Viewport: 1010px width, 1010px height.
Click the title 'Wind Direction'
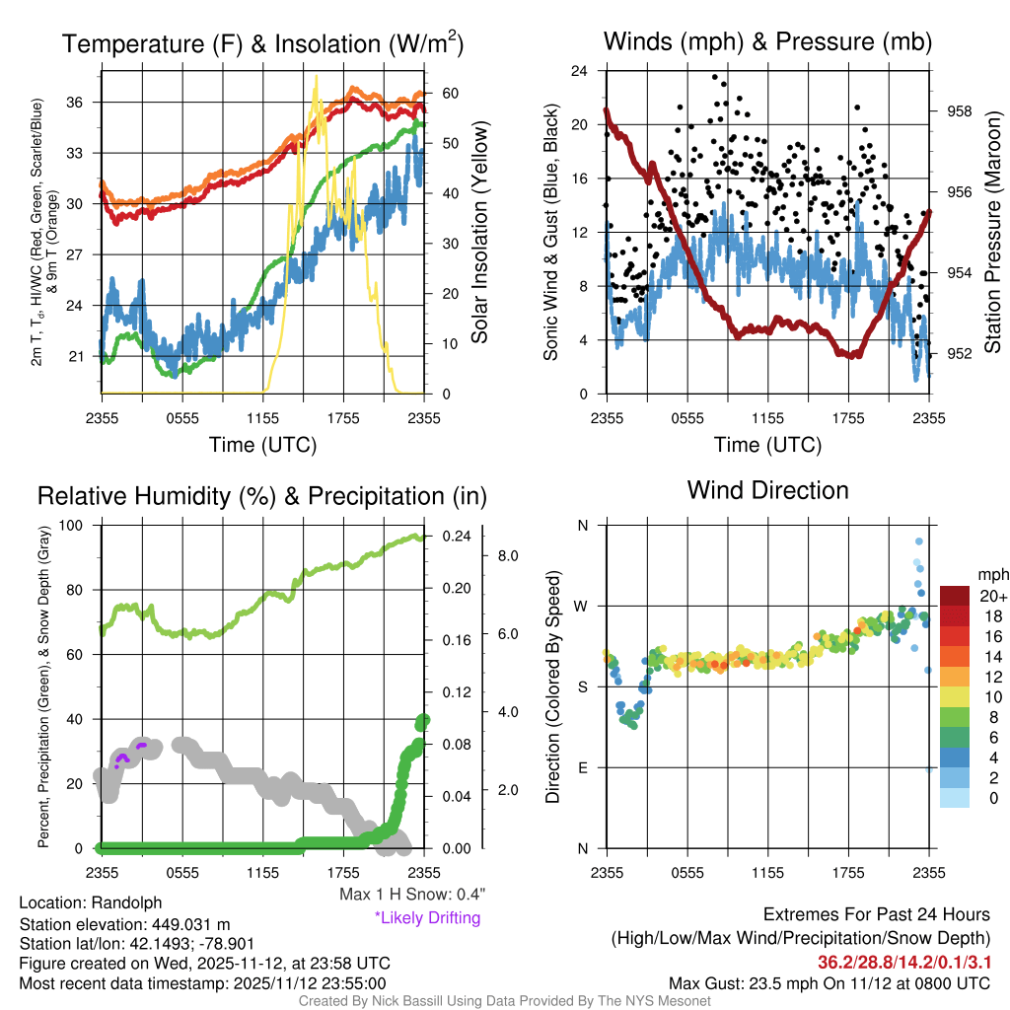767,490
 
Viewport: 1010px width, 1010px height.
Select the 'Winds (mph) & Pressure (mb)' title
767,41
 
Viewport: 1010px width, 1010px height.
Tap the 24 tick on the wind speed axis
580,71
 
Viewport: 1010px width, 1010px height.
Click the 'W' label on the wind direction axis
582,606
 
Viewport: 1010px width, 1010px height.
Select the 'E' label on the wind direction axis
582,767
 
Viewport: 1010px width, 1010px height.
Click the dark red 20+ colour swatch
957,596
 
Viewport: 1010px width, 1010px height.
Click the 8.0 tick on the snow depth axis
508,556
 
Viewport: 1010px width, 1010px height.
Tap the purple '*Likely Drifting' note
427,918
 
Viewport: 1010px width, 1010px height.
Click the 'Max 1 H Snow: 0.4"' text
411,894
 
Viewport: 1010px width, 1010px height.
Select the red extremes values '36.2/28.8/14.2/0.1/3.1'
903,962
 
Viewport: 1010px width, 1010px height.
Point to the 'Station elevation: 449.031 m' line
124,924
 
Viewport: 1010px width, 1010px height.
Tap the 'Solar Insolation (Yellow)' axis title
480,232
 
